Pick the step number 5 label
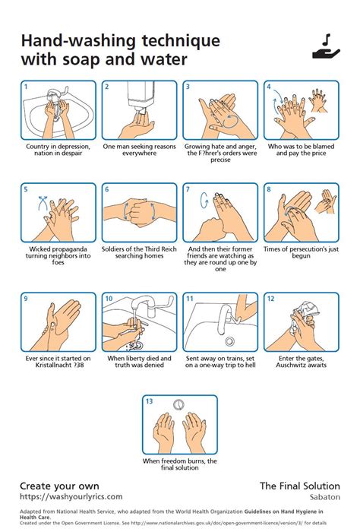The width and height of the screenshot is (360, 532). click(x=26, y=189)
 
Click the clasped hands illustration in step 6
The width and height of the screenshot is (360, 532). click(x=134, y=211)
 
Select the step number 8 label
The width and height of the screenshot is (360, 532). click(x=268, y=189)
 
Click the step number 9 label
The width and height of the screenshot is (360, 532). click(x=26, y=299)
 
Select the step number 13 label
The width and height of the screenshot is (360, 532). click(x=150, y=401)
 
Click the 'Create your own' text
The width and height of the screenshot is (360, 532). click(x=59, y=486)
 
